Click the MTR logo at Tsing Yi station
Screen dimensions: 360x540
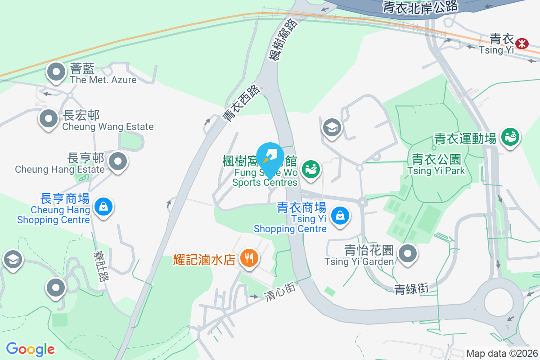[522, 43]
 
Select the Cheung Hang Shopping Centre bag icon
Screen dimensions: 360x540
[103, 207]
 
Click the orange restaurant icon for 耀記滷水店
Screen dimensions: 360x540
[248, 258]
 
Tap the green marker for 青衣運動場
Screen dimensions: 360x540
[510, 135]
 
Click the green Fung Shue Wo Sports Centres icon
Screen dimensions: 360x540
[310, 169]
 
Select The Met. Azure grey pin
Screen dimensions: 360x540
[56, 72]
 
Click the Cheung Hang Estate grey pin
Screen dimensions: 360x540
[118, 161]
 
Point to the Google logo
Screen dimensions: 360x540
[30, 349]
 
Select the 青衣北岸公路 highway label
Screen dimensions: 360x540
[420, 6]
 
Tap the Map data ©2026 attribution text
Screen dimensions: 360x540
[502, 354]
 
